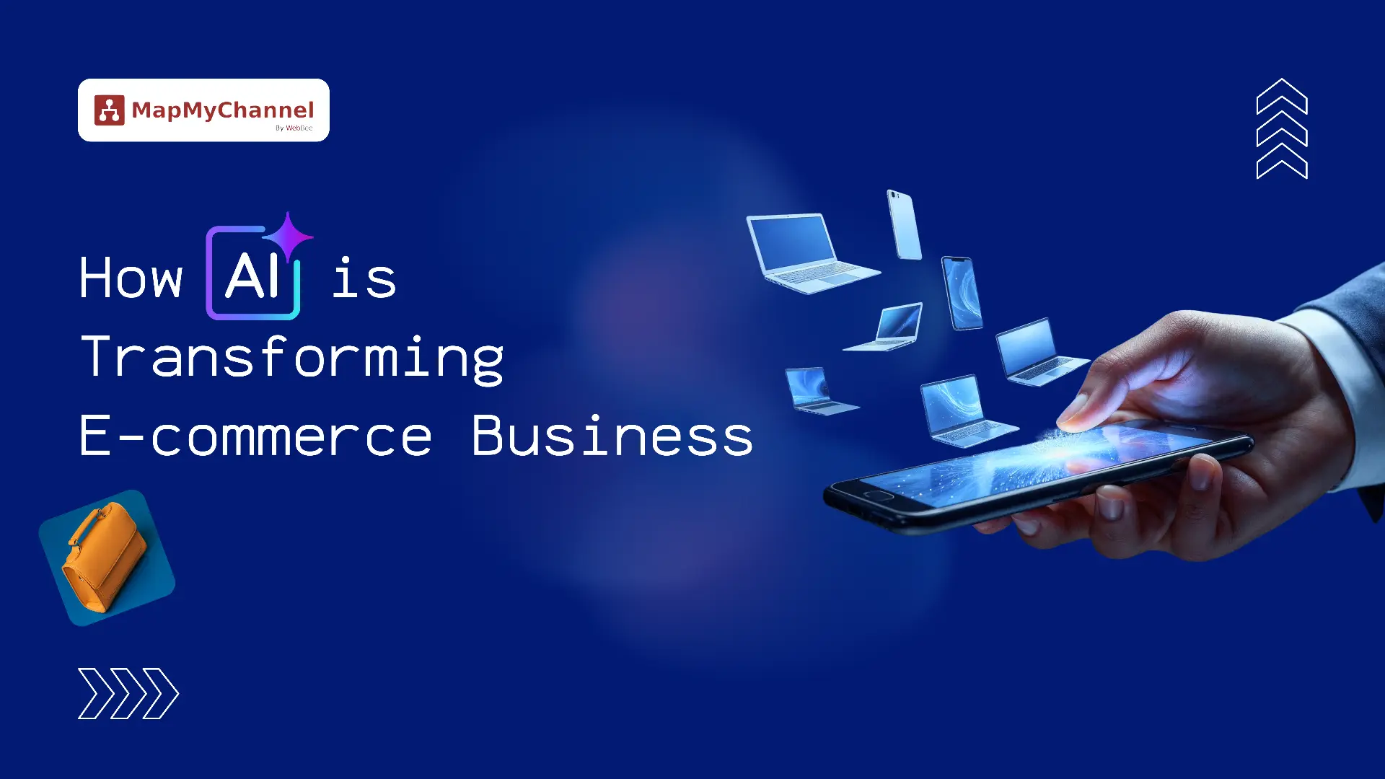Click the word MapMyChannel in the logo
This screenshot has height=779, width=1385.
pyautogui.click(x=223, y=110)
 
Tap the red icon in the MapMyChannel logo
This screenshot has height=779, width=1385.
pyautogui.click(x=109, y=110)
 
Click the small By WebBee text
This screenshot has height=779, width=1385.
pyautogui.click(x=294, y=128)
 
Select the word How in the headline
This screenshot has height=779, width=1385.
pyautogui.click(x=131, y=278)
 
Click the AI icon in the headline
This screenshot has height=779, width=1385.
pyautogui.click(x=252, y=275)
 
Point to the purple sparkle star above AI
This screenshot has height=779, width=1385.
pyautogui.click(x=288, y=235)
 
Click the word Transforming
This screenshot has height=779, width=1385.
pyautogui.click(x=292, y=358)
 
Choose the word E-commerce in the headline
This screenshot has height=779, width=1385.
pyautogui.click(x=255, y=436)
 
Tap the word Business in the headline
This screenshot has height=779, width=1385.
pyautogui.click(x=612, y=436)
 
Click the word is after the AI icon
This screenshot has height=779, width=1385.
pyautogui.click(x=364, y=278)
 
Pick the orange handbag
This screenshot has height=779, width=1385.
pyautogui.click(x=105, y=557)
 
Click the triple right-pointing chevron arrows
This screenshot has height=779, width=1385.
pyautogui.click(x=128, y=694)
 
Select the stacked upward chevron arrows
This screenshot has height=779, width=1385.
pyautogui.click(x=1282, y=128)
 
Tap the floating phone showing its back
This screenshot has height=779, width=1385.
pyautogui.click(x=904, y=224)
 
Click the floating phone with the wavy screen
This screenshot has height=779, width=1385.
pyautogui.click(x=962, y=293)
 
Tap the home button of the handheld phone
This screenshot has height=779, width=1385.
pyautogui.click(x=878, y=496)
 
